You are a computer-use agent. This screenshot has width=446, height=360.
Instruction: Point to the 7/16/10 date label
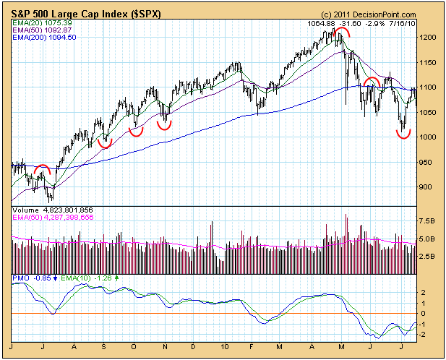(x=401, y=23)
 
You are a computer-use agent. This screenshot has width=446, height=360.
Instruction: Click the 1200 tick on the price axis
(x=428, y=37)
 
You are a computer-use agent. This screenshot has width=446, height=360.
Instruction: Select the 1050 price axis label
(x=428, y=112)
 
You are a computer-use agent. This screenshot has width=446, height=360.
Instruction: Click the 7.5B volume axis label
(x=428, y=221)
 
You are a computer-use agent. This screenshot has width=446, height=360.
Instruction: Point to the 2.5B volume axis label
(x=428, y=256)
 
